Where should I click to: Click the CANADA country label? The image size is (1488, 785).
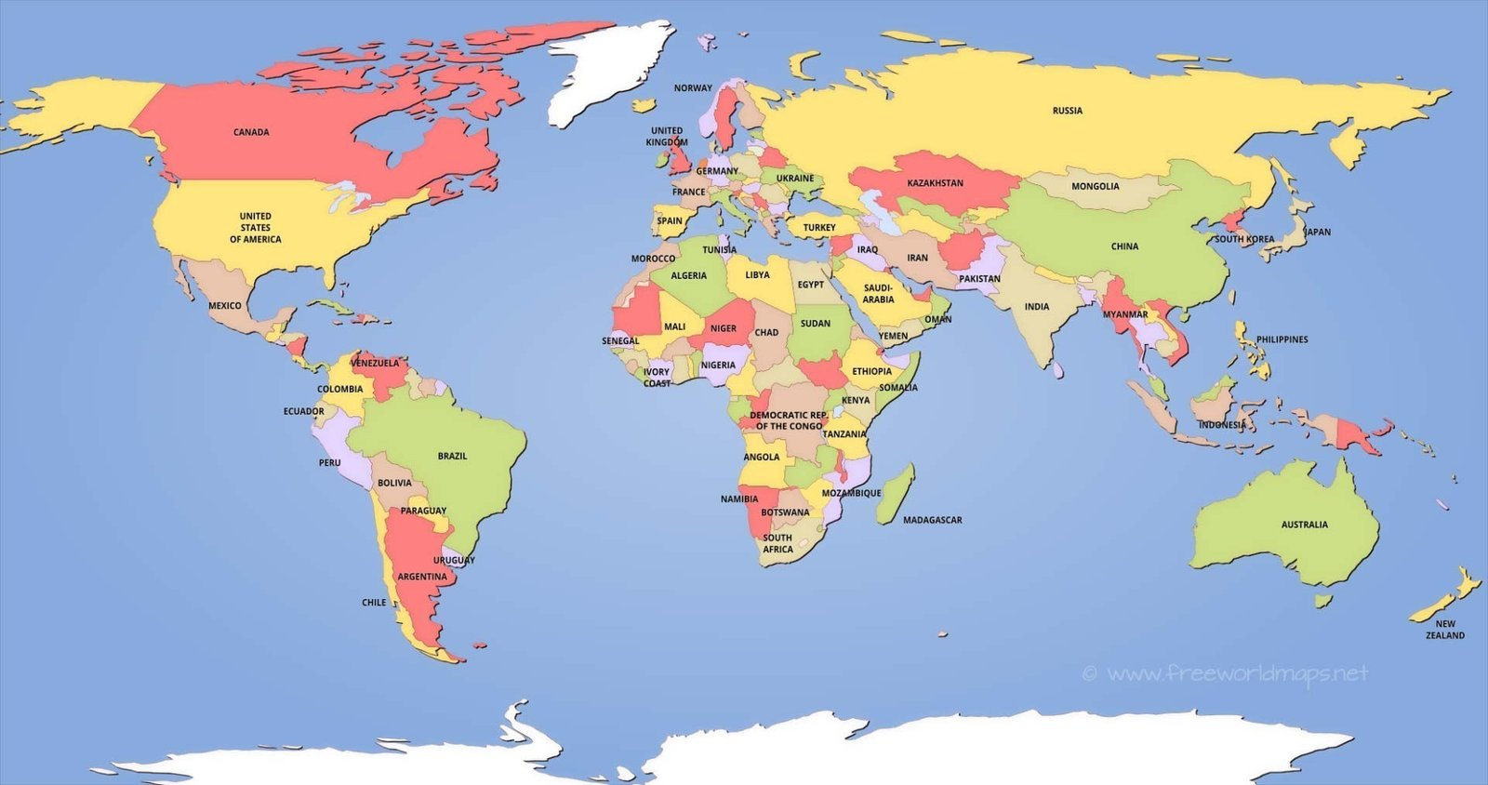coord(251,132)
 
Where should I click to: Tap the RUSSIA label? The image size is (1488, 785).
coord(1068,111)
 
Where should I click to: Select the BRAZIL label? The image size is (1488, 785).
coord(452,456)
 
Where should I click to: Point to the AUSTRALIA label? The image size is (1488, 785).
coord(1304,525)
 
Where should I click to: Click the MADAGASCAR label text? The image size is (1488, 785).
coord(932,520)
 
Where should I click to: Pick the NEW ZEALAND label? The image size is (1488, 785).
coord(1444,630)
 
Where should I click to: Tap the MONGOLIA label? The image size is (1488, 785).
coord(1095,186)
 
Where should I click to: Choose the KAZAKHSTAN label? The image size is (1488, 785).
coord(935,183)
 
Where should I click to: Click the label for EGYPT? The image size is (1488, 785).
coord(810,285)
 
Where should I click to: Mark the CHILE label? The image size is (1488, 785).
coord(374,603)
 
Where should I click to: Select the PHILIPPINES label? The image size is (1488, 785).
coord(1282,339)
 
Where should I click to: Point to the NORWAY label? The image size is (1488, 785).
coord(693,88)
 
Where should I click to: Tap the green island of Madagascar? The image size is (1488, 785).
coord(896,493)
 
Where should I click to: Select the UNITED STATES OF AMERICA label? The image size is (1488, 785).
coord(255,228)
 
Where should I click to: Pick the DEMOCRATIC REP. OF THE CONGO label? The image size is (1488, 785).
coord(789,420)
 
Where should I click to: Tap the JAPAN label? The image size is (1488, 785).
coord(1317,233)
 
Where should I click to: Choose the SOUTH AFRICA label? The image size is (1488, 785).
coord(777,543)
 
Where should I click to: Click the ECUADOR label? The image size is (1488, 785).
coord(304,411)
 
